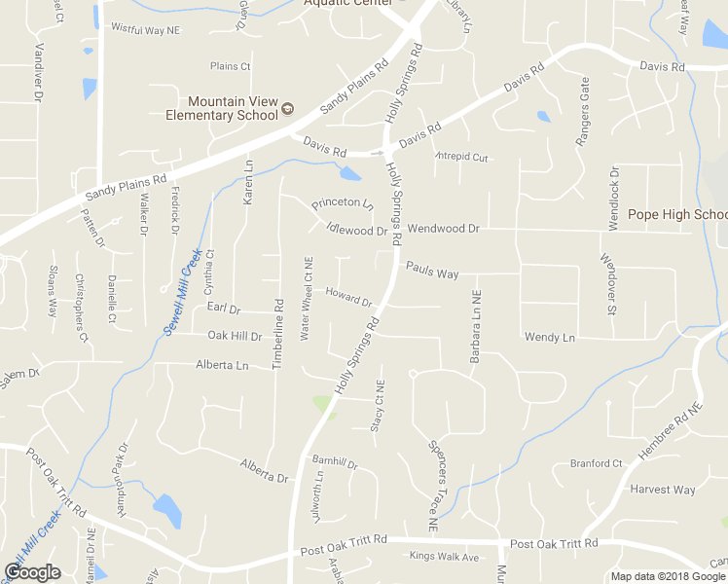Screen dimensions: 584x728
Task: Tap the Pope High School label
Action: click(x=677, y=214)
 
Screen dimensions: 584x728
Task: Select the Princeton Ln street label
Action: click(x=342, y=204)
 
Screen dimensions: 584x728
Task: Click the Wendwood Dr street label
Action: click(x=444, y=229)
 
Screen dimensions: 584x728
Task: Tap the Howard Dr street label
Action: click(x=348, y=296)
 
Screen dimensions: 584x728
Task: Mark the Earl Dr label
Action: click(x=224, y=309)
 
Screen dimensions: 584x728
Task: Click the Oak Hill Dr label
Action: click(x=235, y=336)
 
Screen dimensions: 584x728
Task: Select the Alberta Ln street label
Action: click(x=223, y=365)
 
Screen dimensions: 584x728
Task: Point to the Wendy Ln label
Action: click(x=550, y=337)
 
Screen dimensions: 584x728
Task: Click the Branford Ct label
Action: click(x=596, y=463)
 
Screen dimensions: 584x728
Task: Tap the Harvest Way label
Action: click(x=663, y=490)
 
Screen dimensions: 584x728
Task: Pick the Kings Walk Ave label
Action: click(x=444, y=557)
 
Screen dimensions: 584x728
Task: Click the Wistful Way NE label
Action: click(x=146, y=30)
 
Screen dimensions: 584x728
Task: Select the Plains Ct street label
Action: click(x=231, y=66)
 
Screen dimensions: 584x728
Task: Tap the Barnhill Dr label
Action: click(x=335, y=462)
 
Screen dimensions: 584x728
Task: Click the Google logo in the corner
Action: click(x=32, y=572)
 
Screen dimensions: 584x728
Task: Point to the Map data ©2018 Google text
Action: click(x=667, y=576)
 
